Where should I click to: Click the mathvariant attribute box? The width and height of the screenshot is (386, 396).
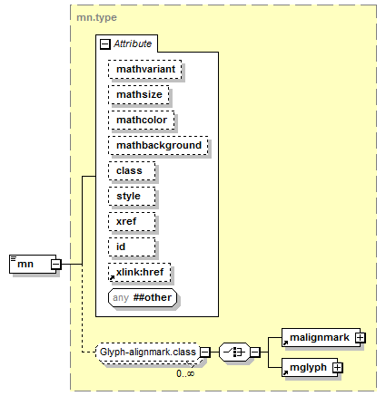pos(145,69)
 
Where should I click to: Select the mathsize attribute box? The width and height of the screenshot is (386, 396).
pos(139,94)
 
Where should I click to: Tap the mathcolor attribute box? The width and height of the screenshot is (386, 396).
pos(142,120)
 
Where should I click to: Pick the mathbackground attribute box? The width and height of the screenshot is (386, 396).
pos(158,145)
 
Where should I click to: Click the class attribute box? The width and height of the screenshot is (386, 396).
pos(132,170)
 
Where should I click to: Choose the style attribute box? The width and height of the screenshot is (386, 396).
pos(132,196)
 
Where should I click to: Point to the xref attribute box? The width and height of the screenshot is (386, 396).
pos(132,221)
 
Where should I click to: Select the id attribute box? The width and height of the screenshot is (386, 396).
pos(132,246)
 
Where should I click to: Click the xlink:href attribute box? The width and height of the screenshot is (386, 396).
pos(139,272)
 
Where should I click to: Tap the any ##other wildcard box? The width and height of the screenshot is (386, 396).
pos(143,297)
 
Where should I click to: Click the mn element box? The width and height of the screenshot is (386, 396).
pos(33,264)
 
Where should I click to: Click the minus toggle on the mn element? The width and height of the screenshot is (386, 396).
pos(56,265)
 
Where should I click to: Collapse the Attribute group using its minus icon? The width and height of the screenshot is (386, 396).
pos(105,44)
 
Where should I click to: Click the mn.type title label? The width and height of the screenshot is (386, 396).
pos(96,17)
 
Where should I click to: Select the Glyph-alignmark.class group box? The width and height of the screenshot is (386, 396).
pos(148,352)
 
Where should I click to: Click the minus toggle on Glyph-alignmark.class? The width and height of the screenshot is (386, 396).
pos(205,352)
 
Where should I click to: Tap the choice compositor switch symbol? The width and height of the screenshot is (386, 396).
pos(234,352)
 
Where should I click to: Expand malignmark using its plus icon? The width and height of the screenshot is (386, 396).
pos(361,337)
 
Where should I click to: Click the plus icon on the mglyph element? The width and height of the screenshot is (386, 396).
pos(337,367)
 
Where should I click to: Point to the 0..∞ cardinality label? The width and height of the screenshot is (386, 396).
pos(185,373)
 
